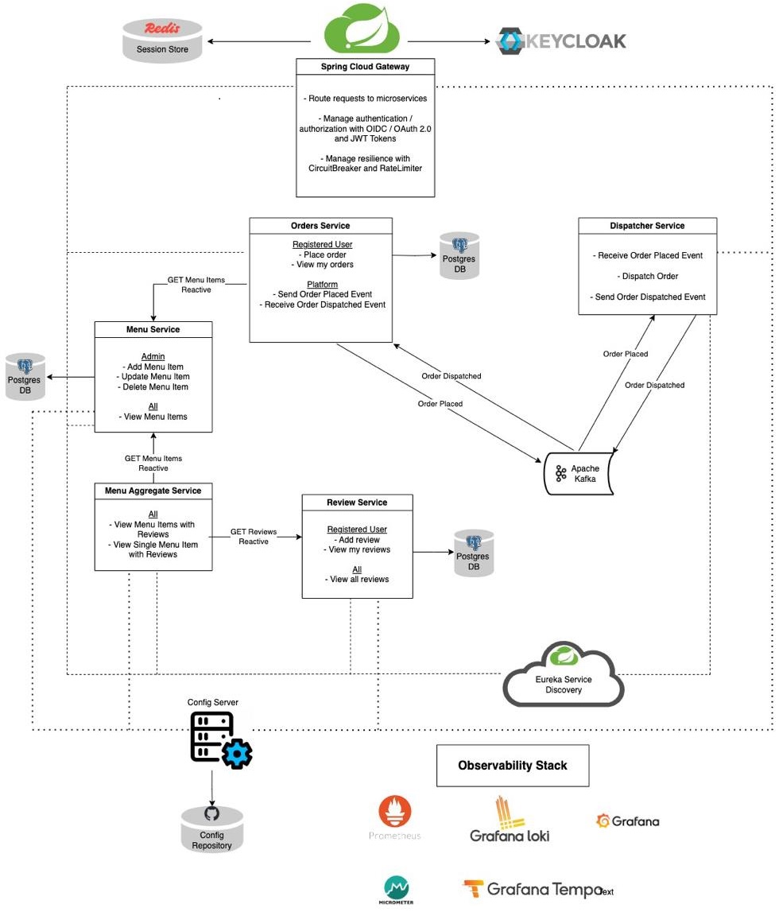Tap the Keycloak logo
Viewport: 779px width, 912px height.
[561, 41]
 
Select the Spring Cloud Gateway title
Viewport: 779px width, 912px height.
[366, 67]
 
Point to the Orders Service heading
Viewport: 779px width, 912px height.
[320, 226]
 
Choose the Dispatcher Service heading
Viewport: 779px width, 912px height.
[647, 226]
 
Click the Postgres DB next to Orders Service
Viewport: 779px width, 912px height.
[459, 256]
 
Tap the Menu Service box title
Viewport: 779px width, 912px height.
[153, 329]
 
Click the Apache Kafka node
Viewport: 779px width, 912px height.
[579, 474]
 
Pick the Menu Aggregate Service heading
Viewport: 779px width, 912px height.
[153, 491]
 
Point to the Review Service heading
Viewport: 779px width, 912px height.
[357, 503]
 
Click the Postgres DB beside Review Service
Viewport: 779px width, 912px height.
[474, 553]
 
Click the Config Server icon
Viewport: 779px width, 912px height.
[220, 739]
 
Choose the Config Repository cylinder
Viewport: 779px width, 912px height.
[211, 829]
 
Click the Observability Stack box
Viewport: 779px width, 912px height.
[513, 766]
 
